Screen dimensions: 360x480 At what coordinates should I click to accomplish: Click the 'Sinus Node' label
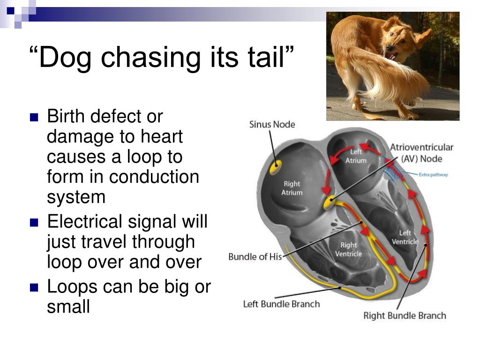pyautogui.click(x=272, y=125)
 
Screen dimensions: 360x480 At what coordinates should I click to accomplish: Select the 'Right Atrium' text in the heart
pyautogui.click(x=292, y=188)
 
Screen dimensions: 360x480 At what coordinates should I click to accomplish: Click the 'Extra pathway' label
pyautogui.click(x=433, y=175)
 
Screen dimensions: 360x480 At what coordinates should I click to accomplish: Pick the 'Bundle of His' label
pyautogui.click(x=255, y=257)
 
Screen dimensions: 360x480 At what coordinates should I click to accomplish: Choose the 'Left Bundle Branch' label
pyautogui.click(x=281, y=304)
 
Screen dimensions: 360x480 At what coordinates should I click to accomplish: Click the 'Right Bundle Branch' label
pyautogui.click(x=405, y=315)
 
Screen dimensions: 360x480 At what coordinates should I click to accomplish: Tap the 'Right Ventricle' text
pyautogui.click(x=348, y=249)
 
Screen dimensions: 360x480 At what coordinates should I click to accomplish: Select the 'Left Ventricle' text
pyautogui.click(x=405, y=237)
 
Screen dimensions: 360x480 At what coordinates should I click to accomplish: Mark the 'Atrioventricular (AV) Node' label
pyautogui.click(x=421, y=153)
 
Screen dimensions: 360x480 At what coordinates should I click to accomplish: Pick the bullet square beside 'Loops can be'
pyautogui.click(x=33, y=287)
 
